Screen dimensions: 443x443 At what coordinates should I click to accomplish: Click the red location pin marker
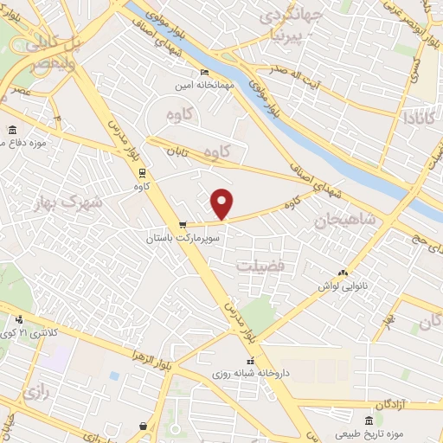pos(222,203)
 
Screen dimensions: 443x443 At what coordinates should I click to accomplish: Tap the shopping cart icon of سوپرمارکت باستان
pos(182,224)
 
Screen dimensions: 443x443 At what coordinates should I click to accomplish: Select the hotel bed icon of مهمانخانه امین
pos(204,72)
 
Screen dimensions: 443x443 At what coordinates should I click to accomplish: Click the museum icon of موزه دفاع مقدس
pos(12,130)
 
